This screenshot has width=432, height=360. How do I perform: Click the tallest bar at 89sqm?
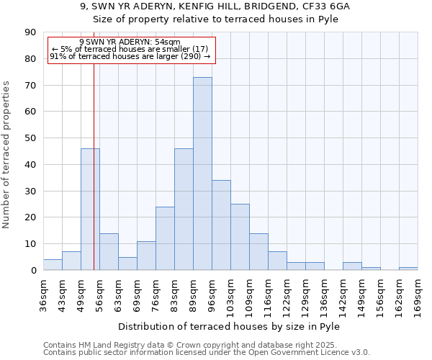click(x=202, y=173)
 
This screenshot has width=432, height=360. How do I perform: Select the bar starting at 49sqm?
click(x=90, y=209)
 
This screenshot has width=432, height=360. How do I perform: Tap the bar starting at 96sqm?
click(x=221, y=225)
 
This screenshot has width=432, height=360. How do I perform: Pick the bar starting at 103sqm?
click(x=240, y=237)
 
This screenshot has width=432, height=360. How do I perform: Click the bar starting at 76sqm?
click(x=165, y=238)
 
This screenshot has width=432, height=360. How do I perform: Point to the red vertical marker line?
click(x=94, y=180)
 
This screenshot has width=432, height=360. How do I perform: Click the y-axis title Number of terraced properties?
click(x=7, y=155)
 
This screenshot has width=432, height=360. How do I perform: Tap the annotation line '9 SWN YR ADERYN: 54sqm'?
click(x=130, y=42)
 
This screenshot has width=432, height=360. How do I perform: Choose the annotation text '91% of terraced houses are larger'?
click(x=115, y=56)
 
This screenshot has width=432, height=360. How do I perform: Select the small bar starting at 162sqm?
click(x=408, y=269)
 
